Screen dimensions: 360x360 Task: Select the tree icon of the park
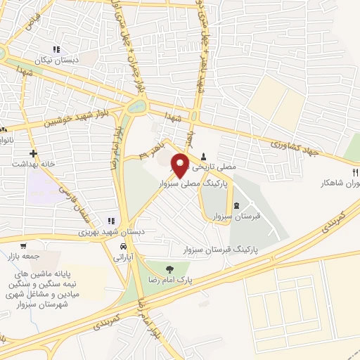(x=168, y=269)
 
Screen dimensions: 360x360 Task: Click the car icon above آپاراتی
(x=123, y=247)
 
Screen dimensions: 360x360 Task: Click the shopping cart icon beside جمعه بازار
(x=24, y=247)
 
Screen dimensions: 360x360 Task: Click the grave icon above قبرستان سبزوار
(x=236, y=205)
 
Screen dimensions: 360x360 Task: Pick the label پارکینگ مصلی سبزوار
(x=198, y=181)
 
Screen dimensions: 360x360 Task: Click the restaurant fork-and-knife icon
(x=356, y=172)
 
